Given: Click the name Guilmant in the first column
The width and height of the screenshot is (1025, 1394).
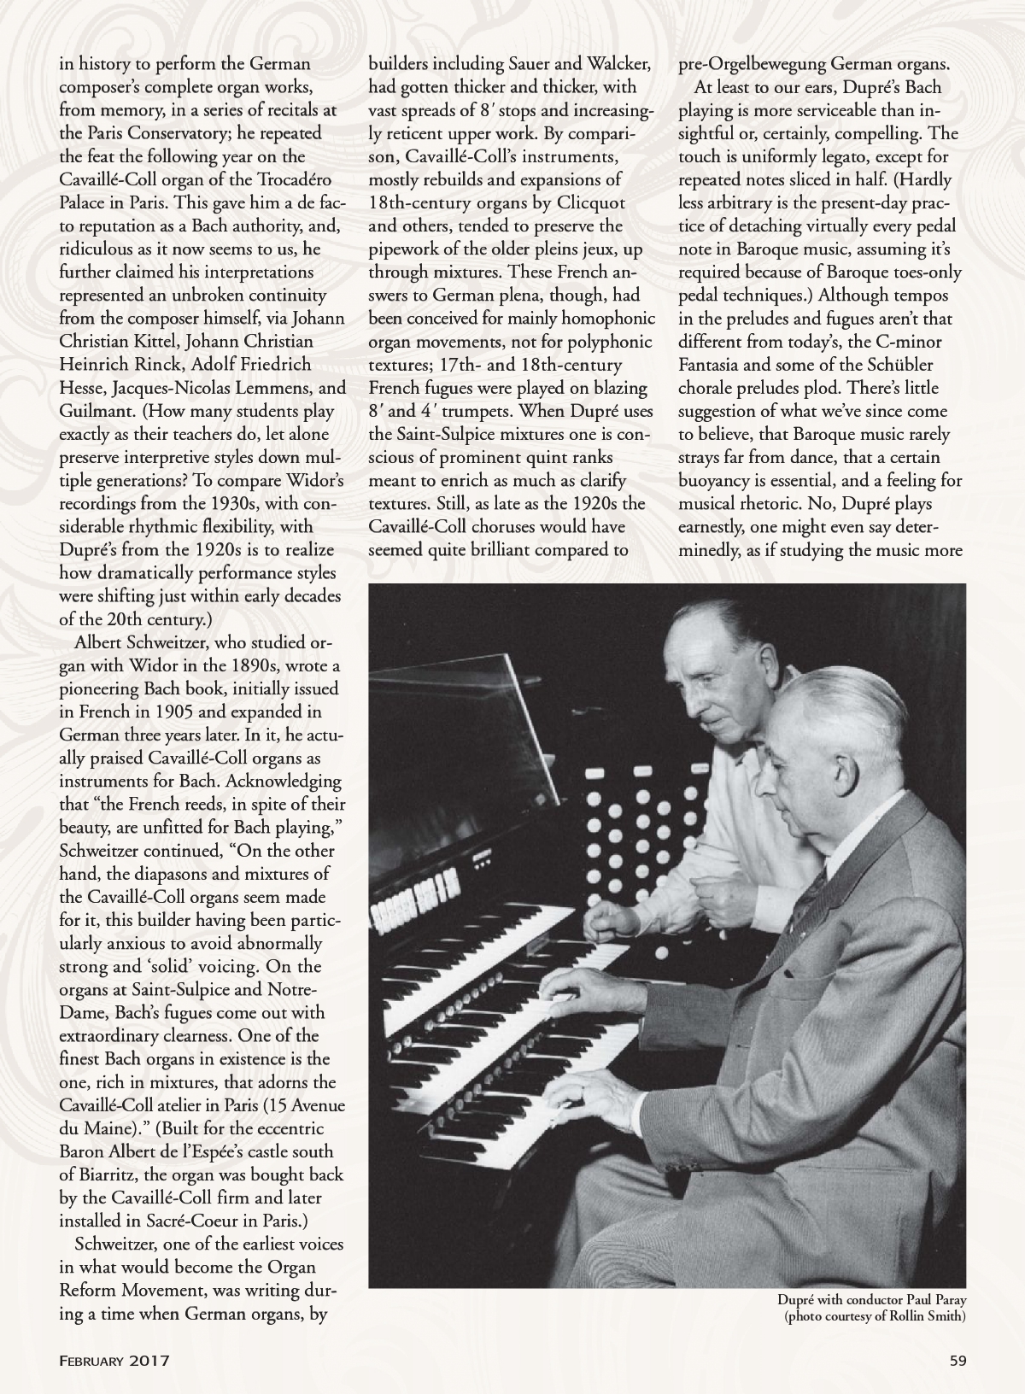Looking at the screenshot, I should point(93,411).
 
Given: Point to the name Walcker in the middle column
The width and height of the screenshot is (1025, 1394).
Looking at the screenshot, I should point(616,65).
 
